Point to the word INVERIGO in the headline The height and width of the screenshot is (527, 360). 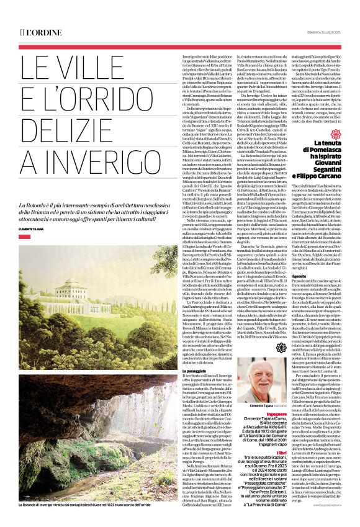point(77,170)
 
